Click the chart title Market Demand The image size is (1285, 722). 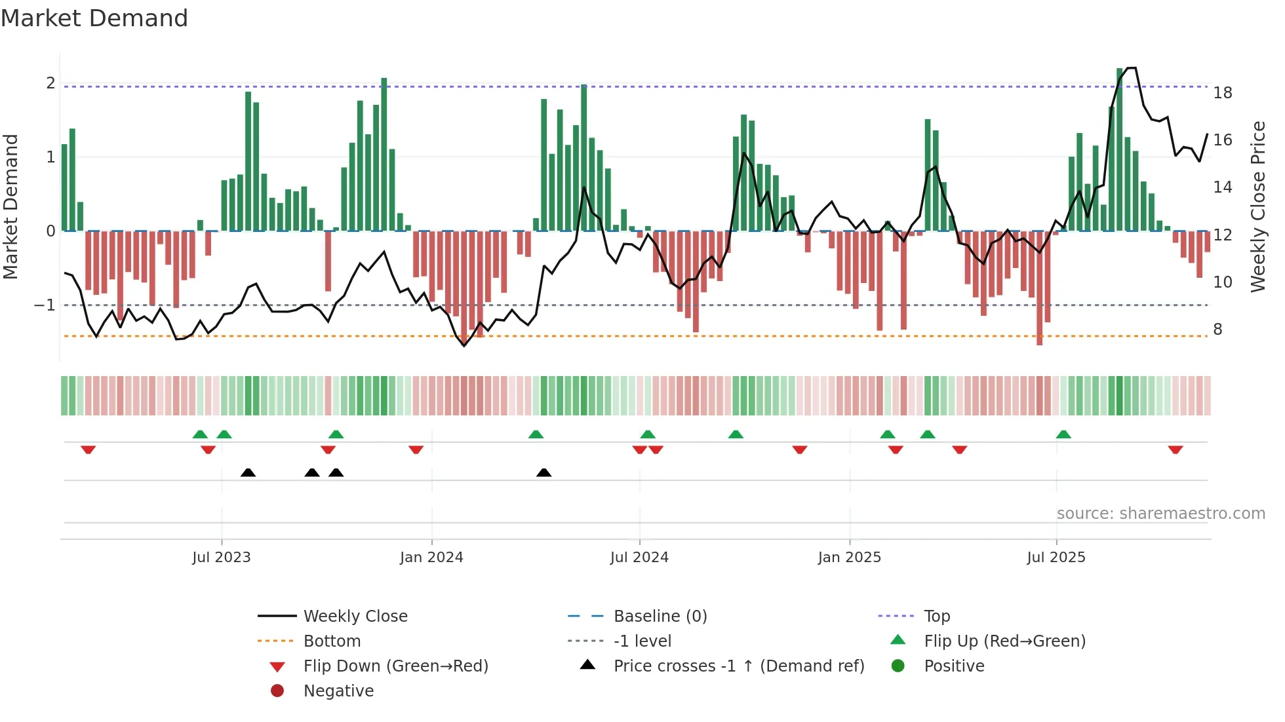(94, 18)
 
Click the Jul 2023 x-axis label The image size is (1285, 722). (222, 558)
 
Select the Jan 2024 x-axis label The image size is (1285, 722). (431, 558)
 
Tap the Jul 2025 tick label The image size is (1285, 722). (1056, 558)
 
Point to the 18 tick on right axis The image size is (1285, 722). (1223, 93)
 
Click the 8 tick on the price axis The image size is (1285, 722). (1217, 330)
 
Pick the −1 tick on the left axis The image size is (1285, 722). (45, 305)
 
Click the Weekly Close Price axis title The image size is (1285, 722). (1257, 206)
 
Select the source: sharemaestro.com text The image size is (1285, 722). (1160, 514)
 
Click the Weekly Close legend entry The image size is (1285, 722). (355, 617)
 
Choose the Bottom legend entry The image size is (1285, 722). (332, 641)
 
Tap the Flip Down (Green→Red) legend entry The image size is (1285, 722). (395, 666)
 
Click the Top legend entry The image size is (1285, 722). (937, 617)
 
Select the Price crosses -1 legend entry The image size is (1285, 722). (739, 666)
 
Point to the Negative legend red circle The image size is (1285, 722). (277, 691)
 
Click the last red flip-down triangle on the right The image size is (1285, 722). (1175, 449)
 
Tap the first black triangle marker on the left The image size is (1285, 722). (248, 472)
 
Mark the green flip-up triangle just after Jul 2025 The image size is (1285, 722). (1063, 434)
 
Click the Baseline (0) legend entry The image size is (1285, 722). (660, 617)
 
